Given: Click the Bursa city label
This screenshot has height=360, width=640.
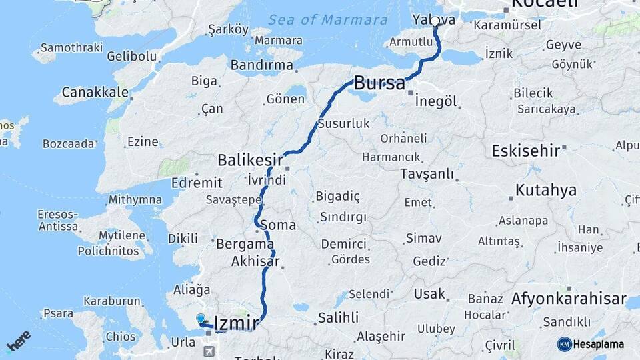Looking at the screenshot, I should click(x=379, y=83).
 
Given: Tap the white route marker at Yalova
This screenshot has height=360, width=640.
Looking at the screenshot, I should click(x=435, y=21).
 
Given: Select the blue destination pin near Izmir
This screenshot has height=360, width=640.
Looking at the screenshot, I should click(x=201, y=319).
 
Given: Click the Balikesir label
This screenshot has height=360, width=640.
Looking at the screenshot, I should click(x=251, y=160).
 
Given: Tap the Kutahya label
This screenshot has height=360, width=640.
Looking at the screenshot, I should click(x=546, y=191).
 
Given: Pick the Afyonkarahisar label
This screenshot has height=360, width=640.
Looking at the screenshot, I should click(x=569, y=298).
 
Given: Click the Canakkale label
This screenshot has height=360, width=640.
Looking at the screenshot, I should click(x=95, y=92).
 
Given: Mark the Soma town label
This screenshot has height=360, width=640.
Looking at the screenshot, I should click(x=277, y=225).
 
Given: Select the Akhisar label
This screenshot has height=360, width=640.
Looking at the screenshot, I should click(x=255, y=262).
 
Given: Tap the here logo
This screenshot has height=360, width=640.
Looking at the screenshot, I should click(x=19, y=341).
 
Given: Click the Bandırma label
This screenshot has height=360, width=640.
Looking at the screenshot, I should click(x=262, y=65).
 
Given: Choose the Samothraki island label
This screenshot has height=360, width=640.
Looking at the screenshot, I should click(x=71, y=48).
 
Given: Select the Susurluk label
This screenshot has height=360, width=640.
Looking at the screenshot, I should click(x=343, y=123).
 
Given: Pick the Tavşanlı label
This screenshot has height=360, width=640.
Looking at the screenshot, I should click(x=427, y=174).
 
